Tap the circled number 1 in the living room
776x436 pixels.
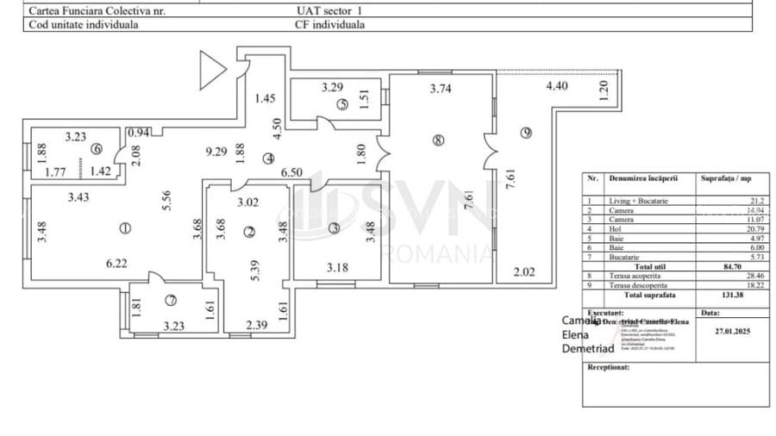pos(125,228)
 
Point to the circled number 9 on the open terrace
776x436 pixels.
pos(526,132)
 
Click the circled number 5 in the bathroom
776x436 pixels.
pos(342,105)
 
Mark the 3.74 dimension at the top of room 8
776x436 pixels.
pos(441,88)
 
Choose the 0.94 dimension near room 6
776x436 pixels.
pos(138,133)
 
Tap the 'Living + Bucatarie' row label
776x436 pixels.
pos(638,200)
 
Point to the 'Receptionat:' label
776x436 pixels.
pos(608,366)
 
